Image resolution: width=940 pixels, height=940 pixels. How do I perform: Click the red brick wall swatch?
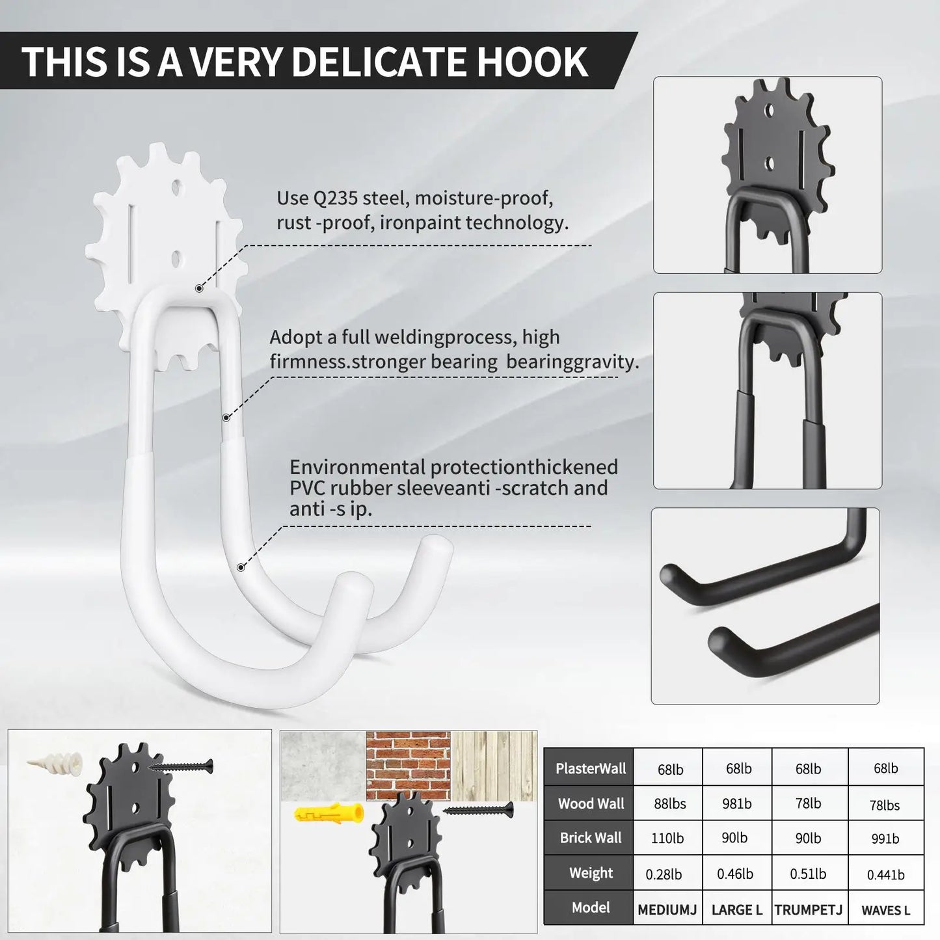(x=408, y=766)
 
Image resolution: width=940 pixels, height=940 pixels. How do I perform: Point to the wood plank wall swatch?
(x=494, y=766)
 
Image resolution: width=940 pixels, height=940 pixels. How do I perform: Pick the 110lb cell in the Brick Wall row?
(x=667, y=839)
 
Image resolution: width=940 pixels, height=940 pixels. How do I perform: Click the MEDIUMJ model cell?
(x=667, y=909)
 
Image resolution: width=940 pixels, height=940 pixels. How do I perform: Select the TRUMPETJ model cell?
(x=808, y=909)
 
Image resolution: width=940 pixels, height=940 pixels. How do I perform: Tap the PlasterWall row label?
(x=590, y=769)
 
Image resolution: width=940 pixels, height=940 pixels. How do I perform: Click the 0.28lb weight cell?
(x=664, y=874)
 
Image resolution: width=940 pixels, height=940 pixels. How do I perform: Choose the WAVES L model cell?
(x=885, y=910)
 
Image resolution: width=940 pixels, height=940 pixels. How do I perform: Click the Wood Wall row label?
(x=590, y=804)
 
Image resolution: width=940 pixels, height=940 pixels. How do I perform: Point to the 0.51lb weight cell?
(x=808, y=874)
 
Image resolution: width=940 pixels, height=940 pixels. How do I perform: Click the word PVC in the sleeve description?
(x=307, y=488)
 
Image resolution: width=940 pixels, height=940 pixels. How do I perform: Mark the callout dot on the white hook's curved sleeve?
(x=241, y=567)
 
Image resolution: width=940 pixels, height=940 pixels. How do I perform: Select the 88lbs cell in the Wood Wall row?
(x=669, y=804)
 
